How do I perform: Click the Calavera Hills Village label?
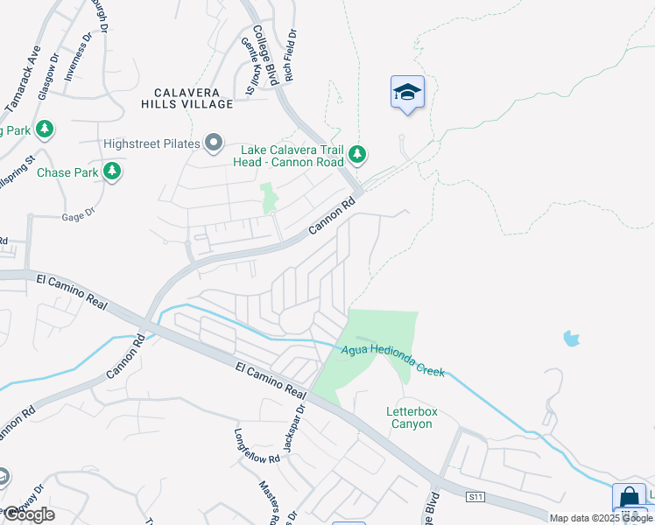(x=187, y=98)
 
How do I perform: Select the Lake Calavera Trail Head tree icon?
(x=356, y=155)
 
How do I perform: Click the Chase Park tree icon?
(x=111, y=172)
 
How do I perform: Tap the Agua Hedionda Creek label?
(x=392, y=359)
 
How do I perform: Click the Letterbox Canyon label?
(x=410, y=417)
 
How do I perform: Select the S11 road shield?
(x=475, y=497)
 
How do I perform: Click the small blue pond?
(x=572, y=337)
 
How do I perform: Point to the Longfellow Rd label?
(x=256, y=446)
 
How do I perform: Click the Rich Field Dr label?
(x=289, y=55)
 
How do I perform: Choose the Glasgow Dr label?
(x=49, y=80)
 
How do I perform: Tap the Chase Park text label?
(x=67, y=172)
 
